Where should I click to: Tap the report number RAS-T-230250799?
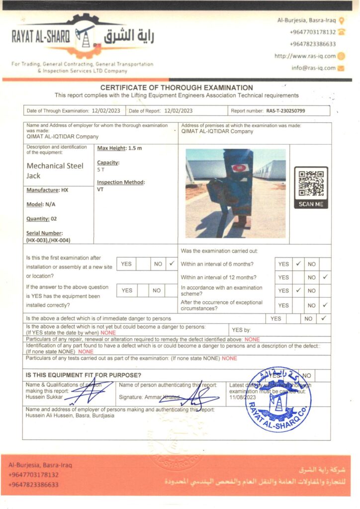tap(285, 111)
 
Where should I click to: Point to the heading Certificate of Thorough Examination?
tap(177, 88)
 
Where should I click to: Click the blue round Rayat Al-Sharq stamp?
tap(278, 399)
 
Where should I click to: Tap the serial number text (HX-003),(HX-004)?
tap(48, 240)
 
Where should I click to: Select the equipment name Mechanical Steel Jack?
tap(55, 170)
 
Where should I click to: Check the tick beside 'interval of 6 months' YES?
tap(298, 264)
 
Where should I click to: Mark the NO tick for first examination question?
tap(172, 263)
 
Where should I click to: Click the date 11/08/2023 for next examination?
tap(242, 398)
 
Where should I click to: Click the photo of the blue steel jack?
tap(235, 193)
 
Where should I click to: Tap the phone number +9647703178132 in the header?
tap(312, 32)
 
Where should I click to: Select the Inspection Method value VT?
tap(100, 189)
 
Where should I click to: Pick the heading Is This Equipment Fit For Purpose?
tap(83, 375)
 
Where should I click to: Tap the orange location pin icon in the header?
tap(341, 21)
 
